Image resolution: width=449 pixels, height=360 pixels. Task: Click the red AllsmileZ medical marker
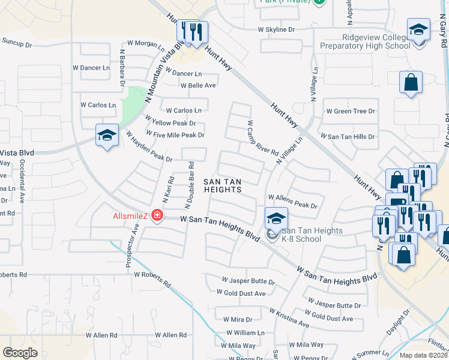[x=157, y=215]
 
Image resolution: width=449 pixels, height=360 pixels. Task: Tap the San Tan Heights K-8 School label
[x=312, y=235]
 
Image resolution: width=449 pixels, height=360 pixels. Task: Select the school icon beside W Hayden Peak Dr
[x=106, y=136]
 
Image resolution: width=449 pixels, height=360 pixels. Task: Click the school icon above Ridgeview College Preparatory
[x=418, y=29]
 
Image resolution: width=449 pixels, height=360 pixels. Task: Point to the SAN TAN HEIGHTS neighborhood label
[x=222, y=185]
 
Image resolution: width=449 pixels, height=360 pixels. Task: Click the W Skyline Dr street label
[x=276, y=29]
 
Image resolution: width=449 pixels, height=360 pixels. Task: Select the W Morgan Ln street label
[x=145, y=44]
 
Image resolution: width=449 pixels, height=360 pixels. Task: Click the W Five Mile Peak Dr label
[x=175, y=135]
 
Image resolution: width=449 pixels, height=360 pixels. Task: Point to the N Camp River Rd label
[x=262, y=138]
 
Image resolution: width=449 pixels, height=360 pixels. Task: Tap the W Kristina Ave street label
[x=289, y=318]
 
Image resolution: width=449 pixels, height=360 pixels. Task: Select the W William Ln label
[x=244, y=332]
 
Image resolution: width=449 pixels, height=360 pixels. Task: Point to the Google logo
[x=20, y=352]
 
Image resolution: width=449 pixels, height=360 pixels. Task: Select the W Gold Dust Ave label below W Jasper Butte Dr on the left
[x=244, y=293]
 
